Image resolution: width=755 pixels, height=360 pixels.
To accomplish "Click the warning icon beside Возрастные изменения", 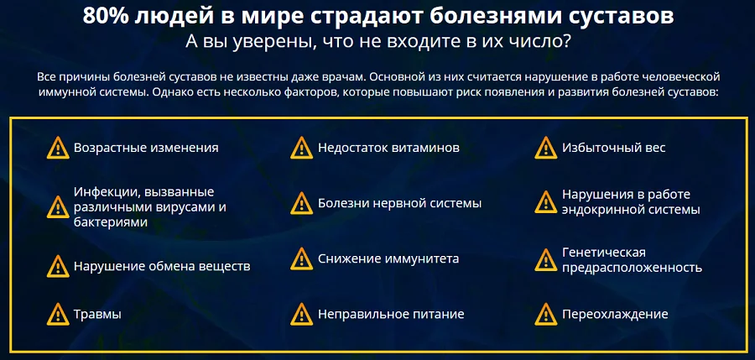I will pos(57,149).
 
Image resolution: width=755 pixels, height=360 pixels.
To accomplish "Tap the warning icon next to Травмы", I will pos(57,316).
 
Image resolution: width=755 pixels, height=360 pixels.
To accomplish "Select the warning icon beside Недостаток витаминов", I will pos(301,149).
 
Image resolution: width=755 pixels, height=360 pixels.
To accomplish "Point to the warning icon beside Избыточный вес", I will pos(546,149).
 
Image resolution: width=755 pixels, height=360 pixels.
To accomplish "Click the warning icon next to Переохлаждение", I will pos(546,316).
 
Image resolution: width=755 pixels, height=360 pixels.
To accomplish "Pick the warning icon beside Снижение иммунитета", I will pos(301,259).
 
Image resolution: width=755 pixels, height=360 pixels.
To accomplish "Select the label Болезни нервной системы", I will pos(399,204).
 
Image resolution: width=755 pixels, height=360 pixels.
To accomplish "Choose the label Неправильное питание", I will pos(391,315).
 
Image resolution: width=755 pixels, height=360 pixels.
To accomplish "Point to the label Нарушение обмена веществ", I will pos(162,267).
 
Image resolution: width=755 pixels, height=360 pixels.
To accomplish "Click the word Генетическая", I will pos(603,253).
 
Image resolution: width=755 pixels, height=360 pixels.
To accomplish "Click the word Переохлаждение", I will pos(615,315).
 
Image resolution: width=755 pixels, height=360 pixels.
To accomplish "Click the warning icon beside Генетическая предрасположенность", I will pos(546,259).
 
